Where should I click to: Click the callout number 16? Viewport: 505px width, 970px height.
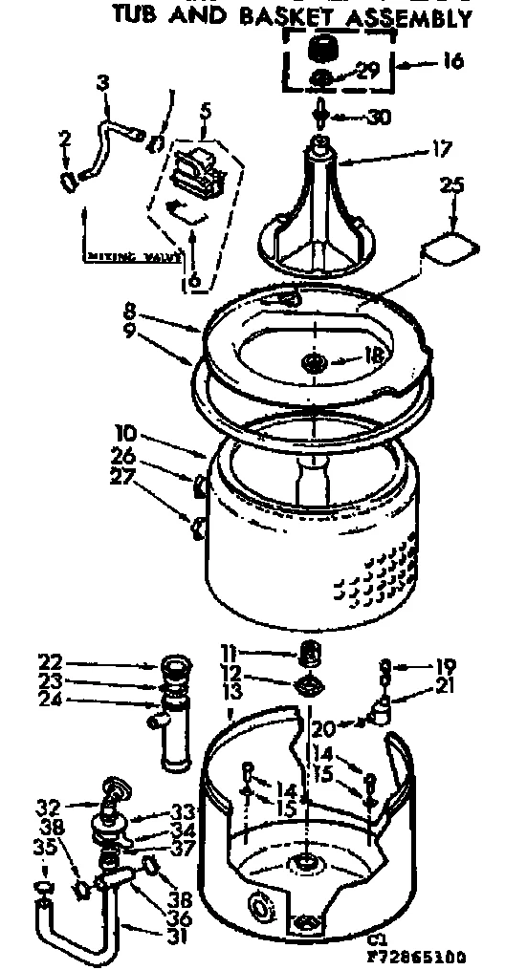(452, 62)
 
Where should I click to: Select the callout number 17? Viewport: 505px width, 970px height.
(441, 148)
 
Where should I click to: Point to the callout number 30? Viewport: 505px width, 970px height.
(380, 118)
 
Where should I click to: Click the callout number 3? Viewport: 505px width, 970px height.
(103, 84)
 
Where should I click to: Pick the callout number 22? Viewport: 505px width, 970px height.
(52, 660)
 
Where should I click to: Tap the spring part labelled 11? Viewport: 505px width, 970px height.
(309, 655)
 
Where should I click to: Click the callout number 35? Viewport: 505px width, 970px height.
(45, 845)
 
